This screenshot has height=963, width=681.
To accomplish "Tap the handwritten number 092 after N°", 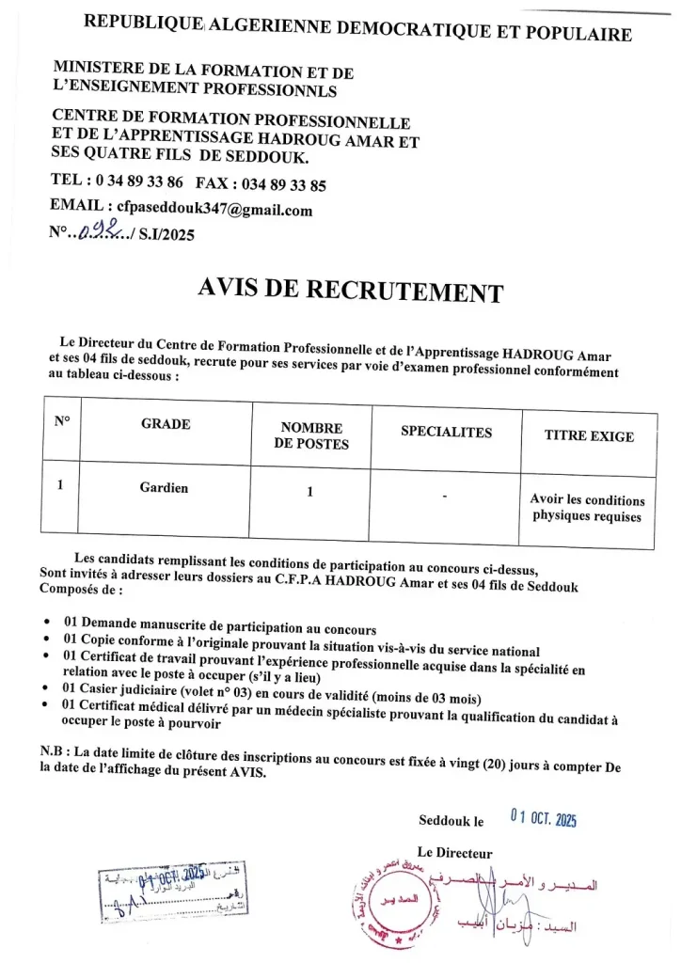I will (97, 234).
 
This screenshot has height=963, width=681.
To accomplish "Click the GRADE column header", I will (166, 424).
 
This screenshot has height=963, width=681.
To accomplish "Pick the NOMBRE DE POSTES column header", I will (311, 435).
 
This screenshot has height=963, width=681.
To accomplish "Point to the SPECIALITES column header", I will (446, 433).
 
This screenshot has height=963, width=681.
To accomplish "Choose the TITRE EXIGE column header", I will (589, 436).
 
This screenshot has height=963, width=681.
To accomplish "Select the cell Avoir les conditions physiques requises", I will (588, 508).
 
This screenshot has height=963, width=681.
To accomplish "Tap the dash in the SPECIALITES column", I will (445, 496).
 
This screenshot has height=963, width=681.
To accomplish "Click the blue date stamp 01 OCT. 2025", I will (543, 818).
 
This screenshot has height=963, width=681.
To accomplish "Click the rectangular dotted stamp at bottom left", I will (168, 893).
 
